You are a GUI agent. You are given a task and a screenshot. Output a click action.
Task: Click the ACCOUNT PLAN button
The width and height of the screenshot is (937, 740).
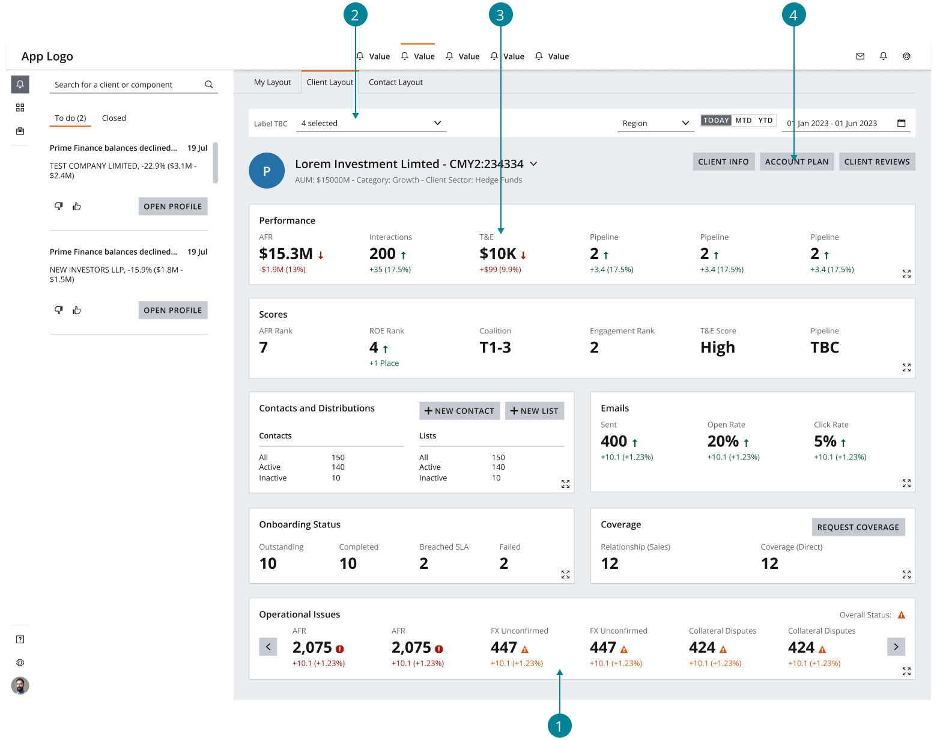[796, 162]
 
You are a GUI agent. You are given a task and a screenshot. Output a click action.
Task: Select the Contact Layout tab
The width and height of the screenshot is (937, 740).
[395, 82]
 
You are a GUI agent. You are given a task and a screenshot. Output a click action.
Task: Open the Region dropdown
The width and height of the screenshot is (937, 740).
[655, 123]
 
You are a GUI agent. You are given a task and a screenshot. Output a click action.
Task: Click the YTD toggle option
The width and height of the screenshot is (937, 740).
[765, 120]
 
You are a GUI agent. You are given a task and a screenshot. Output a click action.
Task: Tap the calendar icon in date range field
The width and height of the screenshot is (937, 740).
[901, 123]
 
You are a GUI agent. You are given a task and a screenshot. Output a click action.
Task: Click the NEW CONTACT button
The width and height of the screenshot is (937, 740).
[459, 411]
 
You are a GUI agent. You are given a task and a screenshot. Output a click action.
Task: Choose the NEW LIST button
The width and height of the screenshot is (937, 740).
[534, 411]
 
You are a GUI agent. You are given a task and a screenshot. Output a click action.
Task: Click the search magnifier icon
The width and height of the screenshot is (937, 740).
[209, 85]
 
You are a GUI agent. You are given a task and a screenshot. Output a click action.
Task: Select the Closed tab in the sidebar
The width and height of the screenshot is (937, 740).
[114, 118]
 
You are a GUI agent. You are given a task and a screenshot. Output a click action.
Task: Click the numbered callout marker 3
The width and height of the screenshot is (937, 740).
[500, 15]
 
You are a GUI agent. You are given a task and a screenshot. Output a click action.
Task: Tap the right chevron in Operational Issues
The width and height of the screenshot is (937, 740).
[896, 647]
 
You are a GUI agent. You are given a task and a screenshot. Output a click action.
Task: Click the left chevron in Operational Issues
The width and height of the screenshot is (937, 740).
[268, 647]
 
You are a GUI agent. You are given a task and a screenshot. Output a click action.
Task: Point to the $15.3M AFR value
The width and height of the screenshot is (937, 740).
[286, 254]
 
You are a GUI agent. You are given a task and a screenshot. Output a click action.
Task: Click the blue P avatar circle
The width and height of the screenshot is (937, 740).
[267, 171]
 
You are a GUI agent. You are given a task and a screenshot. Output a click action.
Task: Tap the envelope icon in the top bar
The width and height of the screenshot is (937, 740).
[860, 56]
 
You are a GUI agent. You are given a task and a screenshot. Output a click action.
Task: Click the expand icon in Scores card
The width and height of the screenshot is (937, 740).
[906, 368]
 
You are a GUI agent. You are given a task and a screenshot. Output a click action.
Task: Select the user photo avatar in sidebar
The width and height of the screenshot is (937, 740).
[20, 685]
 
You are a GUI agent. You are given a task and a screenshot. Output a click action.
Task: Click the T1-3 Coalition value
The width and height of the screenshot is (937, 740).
[495, 348]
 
